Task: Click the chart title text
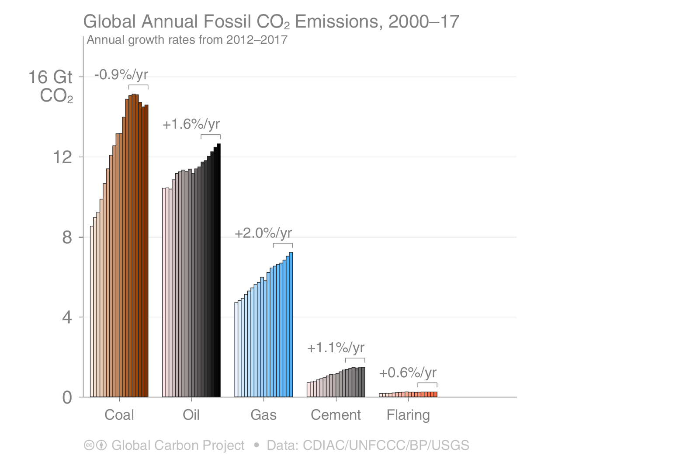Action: pos(271,21)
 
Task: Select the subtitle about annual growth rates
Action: pos(187,40)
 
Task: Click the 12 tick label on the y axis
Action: pos(62,157)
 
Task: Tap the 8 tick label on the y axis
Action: pos(67,238)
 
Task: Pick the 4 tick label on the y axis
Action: pos(67,317)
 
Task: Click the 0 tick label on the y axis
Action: pos(67,398)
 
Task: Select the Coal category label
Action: pos(119,415)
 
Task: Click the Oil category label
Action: pos(191,415)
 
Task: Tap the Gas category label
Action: pos(263,415)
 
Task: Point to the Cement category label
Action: pos(336,415)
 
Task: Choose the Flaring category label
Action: pos(408,415)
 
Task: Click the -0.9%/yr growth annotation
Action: pos(121,75)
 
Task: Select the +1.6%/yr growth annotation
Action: pos(191,124)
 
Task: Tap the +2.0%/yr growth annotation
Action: pos(263,233)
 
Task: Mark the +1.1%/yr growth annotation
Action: pos(336,348)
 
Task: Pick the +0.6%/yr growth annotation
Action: pos(408,373)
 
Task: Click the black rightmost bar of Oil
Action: pos(218,271)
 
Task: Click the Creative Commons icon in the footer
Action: pos(89,445)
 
